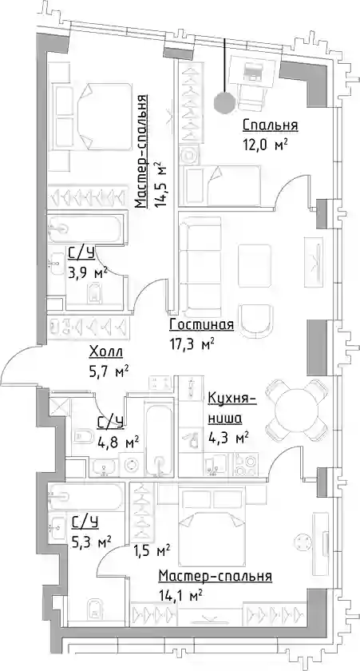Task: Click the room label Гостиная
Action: pyautogui.click(x=201, y=325)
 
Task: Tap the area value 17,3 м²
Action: pyautogui.click(x=192, y=343)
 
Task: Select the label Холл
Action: pyautogui.click(x=106, y=352)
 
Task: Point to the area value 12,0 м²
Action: pyautogui.click(x=263, y=145)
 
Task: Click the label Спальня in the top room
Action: pyautogui.click(x=271, y=125)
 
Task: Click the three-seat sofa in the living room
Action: pyautogui.click(x=200, y=265)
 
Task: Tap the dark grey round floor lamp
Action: pyautogui.click(x=224, y=103)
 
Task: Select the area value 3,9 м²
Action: pyautogui.click(x=87, y=272)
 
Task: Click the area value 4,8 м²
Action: pyautogui.click(x=118, y=441)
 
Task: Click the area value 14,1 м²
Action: pyautogui.click(x=180, y=594)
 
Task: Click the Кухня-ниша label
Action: pyautogui.click(x=231, y=409)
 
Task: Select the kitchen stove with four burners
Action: pyautogui.click(x=247, y=463)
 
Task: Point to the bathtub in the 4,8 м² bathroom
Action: pyautogui.click(x=159, y=438)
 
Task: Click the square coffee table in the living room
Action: pyautogui.click(x=255, y=266)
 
